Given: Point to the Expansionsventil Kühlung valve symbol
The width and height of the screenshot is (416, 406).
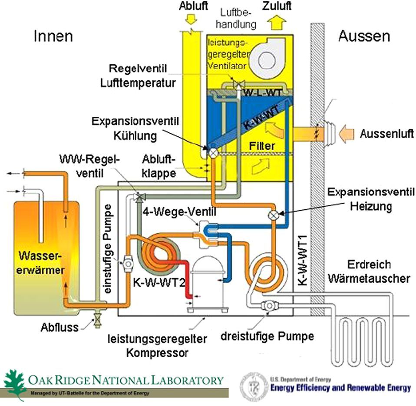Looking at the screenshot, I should [214, 152].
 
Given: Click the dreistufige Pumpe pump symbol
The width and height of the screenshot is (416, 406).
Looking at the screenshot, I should [269, 306].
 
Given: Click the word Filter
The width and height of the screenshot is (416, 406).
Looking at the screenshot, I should [262, 146].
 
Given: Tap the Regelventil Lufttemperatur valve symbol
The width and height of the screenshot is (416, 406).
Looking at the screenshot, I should [237, 83].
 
